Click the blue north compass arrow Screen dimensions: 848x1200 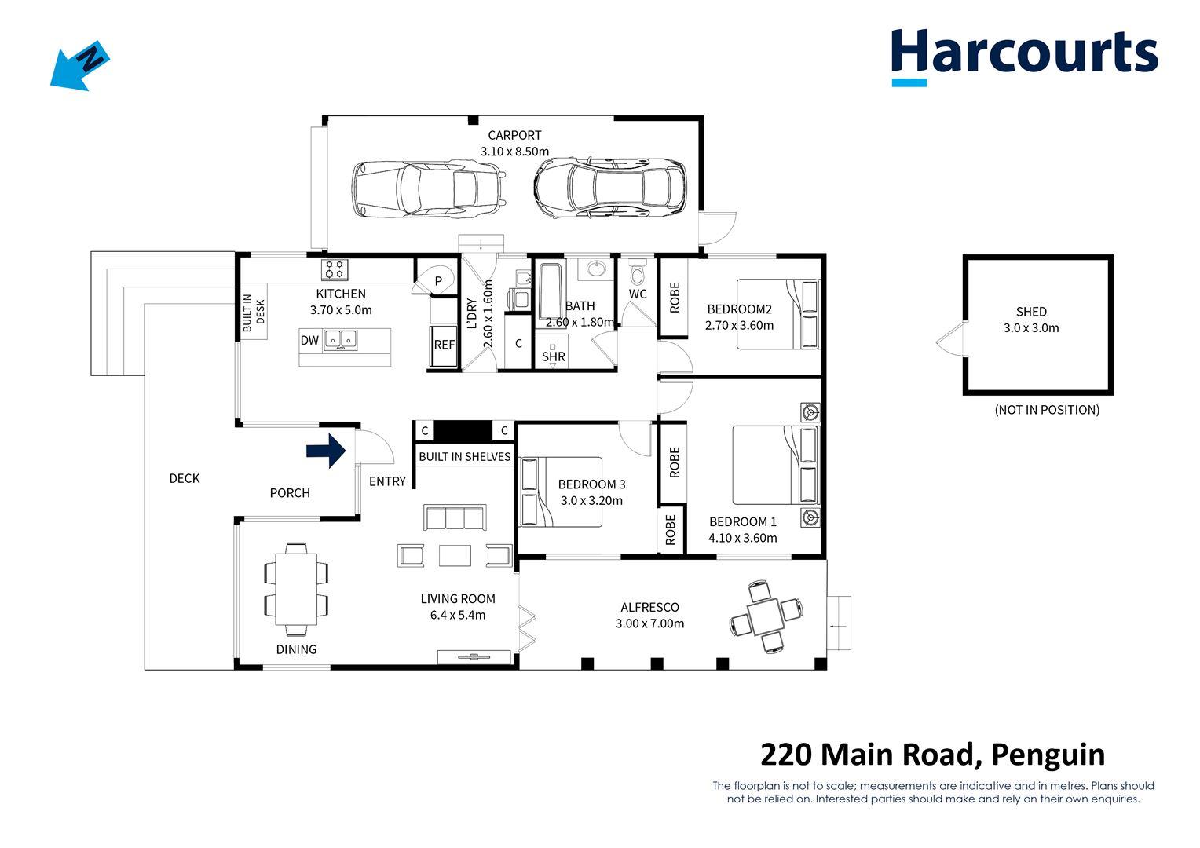[79, 66]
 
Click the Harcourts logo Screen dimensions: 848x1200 [1023, 54]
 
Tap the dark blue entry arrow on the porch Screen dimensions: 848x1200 [326, 451]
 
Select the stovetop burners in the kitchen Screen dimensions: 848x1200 [335, 269]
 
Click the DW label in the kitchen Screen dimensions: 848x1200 [309, 340]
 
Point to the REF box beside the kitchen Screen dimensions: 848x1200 [445, 345]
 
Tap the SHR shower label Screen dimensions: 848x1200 [554, 356]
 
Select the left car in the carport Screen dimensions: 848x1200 [427, 188]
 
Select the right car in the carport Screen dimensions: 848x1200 [609, 188]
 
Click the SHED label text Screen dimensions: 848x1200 [1030, 312]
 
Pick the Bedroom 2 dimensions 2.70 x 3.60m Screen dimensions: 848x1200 [739, 325]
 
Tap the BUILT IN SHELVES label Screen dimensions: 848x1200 [464, 456]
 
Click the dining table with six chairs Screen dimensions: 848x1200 [296, 589]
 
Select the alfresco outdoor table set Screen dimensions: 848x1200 [766, 616]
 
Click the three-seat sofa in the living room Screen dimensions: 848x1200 [455, 518]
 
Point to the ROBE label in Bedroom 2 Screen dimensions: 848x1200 [674, 298]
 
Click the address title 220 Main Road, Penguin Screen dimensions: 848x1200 [932, 754]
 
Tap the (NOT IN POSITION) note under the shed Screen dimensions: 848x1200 [1046, 409]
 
